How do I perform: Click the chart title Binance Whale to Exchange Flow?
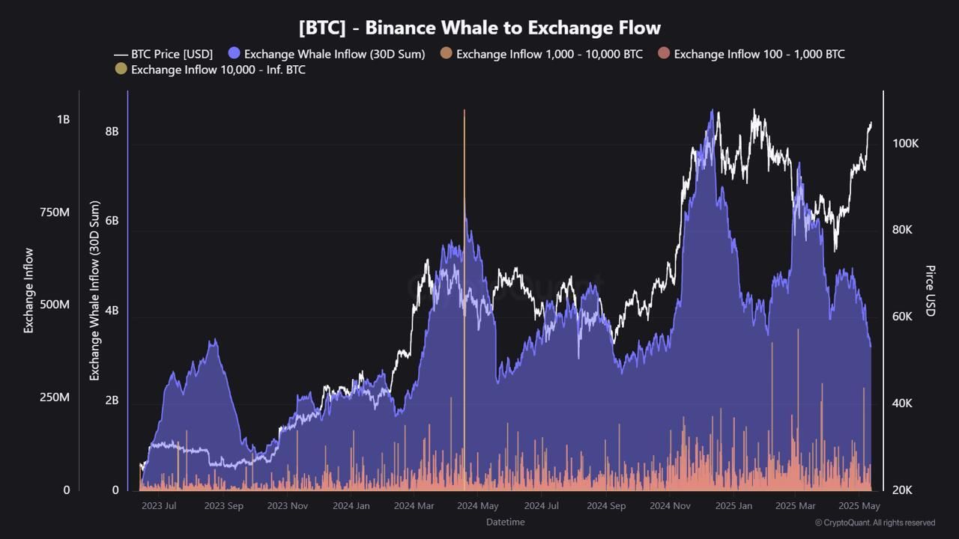pyautogui.click(x=479, y=28)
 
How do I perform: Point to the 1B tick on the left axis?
pyautogui.click(x=63, y=120)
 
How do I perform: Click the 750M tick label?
pyautogui.click(x=54, y=213)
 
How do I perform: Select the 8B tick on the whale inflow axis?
pyautogui.click(x=112, y=131)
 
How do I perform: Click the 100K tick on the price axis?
pyautogui.click(x=905, y=144)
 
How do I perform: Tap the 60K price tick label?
pyautogui.click(x=902, y=317)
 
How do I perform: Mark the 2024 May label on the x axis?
pyautogui.click(x=478, y=506)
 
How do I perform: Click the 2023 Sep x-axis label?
pyautogui.click(x=223, y=506)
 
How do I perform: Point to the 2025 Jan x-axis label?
pyautogui.click(x=733, y=506)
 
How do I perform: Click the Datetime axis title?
pyautogui.click(x=505, y=522)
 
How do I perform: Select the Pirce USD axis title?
pyautogui.click(x=931, y=290)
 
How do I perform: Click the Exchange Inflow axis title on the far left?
pyautogui.click(x=29, y=290)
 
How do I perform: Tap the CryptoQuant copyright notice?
pyautogui.click(x=874, y=523)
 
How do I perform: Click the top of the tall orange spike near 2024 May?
pyautogui.click(x=465, y=112)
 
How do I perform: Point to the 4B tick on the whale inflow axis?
pyautogui.click(x=112, y=311)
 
